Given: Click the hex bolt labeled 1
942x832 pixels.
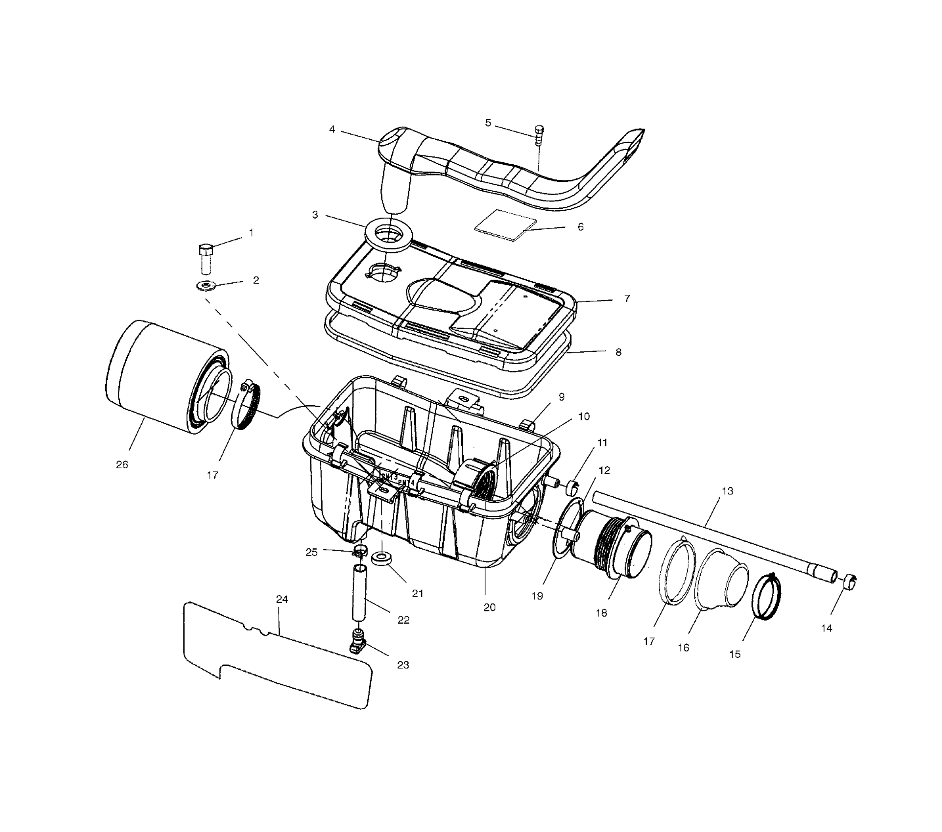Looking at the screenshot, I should (205, 258).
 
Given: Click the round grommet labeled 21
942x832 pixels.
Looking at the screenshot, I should (382, 559).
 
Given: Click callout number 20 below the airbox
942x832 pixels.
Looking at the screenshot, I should (489, 607).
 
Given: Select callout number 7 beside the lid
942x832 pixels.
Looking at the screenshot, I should (627, 299).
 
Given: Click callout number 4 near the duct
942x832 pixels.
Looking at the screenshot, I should (332, 129).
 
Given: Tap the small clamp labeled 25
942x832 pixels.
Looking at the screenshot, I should (360, 550).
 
